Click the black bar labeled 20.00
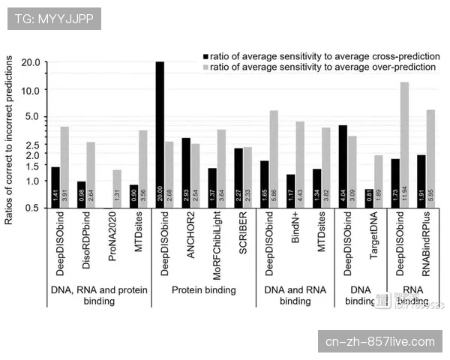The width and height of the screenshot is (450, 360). (x=160, y=135)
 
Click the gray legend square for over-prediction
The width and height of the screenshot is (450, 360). (x=204, y=67)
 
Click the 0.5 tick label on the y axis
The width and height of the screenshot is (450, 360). (x=32, y=208)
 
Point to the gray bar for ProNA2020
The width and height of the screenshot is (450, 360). (x=116, y=189)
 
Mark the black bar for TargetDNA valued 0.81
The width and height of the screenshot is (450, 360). (x=369, y=199)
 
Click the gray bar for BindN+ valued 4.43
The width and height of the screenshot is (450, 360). (x=300, y=164)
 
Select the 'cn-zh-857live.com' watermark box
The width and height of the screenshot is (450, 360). (x=380, y=342)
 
